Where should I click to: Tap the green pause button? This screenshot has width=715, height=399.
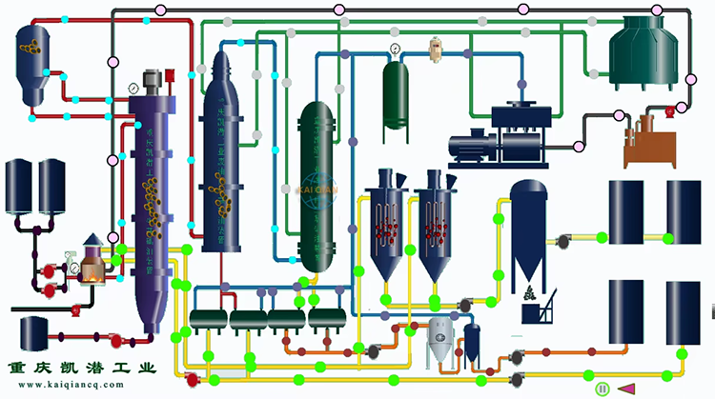[602, 389]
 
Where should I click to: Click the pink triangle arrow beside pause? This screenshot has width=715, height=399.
[626, 389]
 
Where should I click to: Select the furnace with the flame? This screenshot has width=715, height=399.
[92, 261]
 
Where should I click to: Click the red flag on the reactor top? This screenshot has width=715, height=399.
[170, 75]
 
